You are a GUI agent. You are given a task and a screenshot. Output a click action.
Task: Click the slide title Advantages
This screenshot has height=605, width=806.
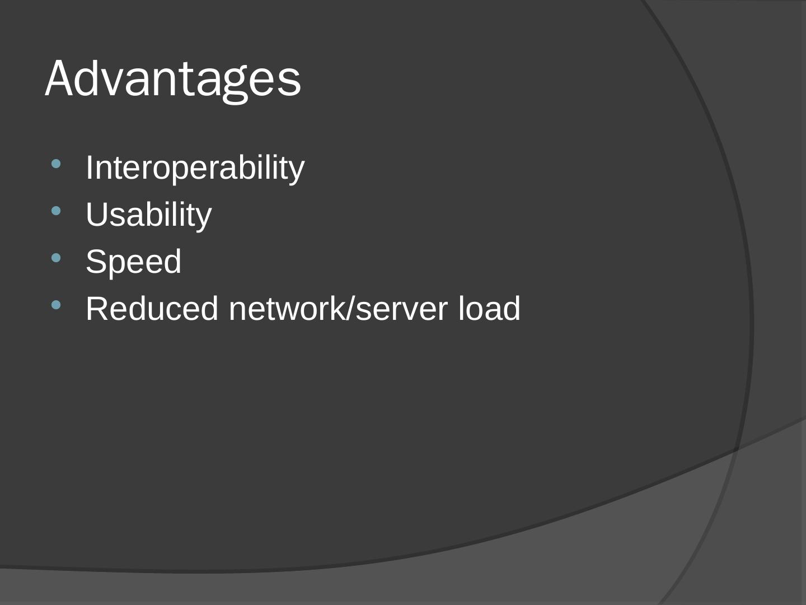[173, 79]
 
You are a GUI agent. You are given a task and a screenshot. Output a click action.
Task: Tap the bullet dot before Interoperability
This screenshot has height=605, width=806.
[56, 164]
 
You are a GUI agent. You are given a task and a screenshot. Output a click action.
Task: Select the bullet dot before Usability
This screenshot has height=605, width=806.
[56, 211]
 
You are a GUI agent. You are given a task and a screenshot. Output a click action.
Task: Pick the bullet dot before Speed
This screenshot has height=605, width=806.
[56, 258]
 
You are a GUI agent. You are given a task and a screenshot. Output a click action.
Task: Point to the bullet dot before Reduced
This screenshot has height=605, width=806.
[56, 305]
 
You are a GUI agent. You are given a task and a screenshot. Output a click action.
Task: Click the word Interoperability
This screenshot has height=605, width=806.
[195, 168]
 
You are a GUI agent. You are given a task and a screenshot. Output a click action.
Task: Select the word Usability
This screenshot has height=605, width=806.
[148, 215]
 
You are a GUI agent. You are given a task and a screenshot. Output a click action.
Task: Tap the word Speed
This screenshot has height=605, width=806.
[133, 262]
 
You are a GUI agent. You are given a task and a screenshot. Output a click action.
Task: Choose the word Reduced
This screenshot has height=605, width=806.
[152, 309]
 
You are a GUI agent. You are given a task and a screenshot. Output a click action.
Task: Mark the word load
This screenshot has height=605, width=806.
[489, 309]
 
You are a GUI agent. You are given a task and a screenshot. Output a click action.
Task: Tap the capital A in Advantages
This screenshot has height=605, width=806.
[60, 79]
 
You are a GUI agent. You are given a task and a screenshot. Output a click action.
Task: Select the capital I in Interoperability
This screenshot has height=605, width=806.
[90, 167]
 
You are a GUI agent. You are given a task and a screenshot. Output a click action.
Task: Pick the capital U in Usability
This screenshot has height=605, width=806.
[97, 215]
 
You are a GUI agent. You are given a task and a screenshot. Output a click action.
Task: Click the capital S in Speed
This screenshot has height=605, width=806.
[96, 262]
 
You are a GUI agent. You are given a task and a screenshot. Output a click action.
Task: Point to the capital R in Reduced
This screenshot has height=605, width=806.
[97, 309]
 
